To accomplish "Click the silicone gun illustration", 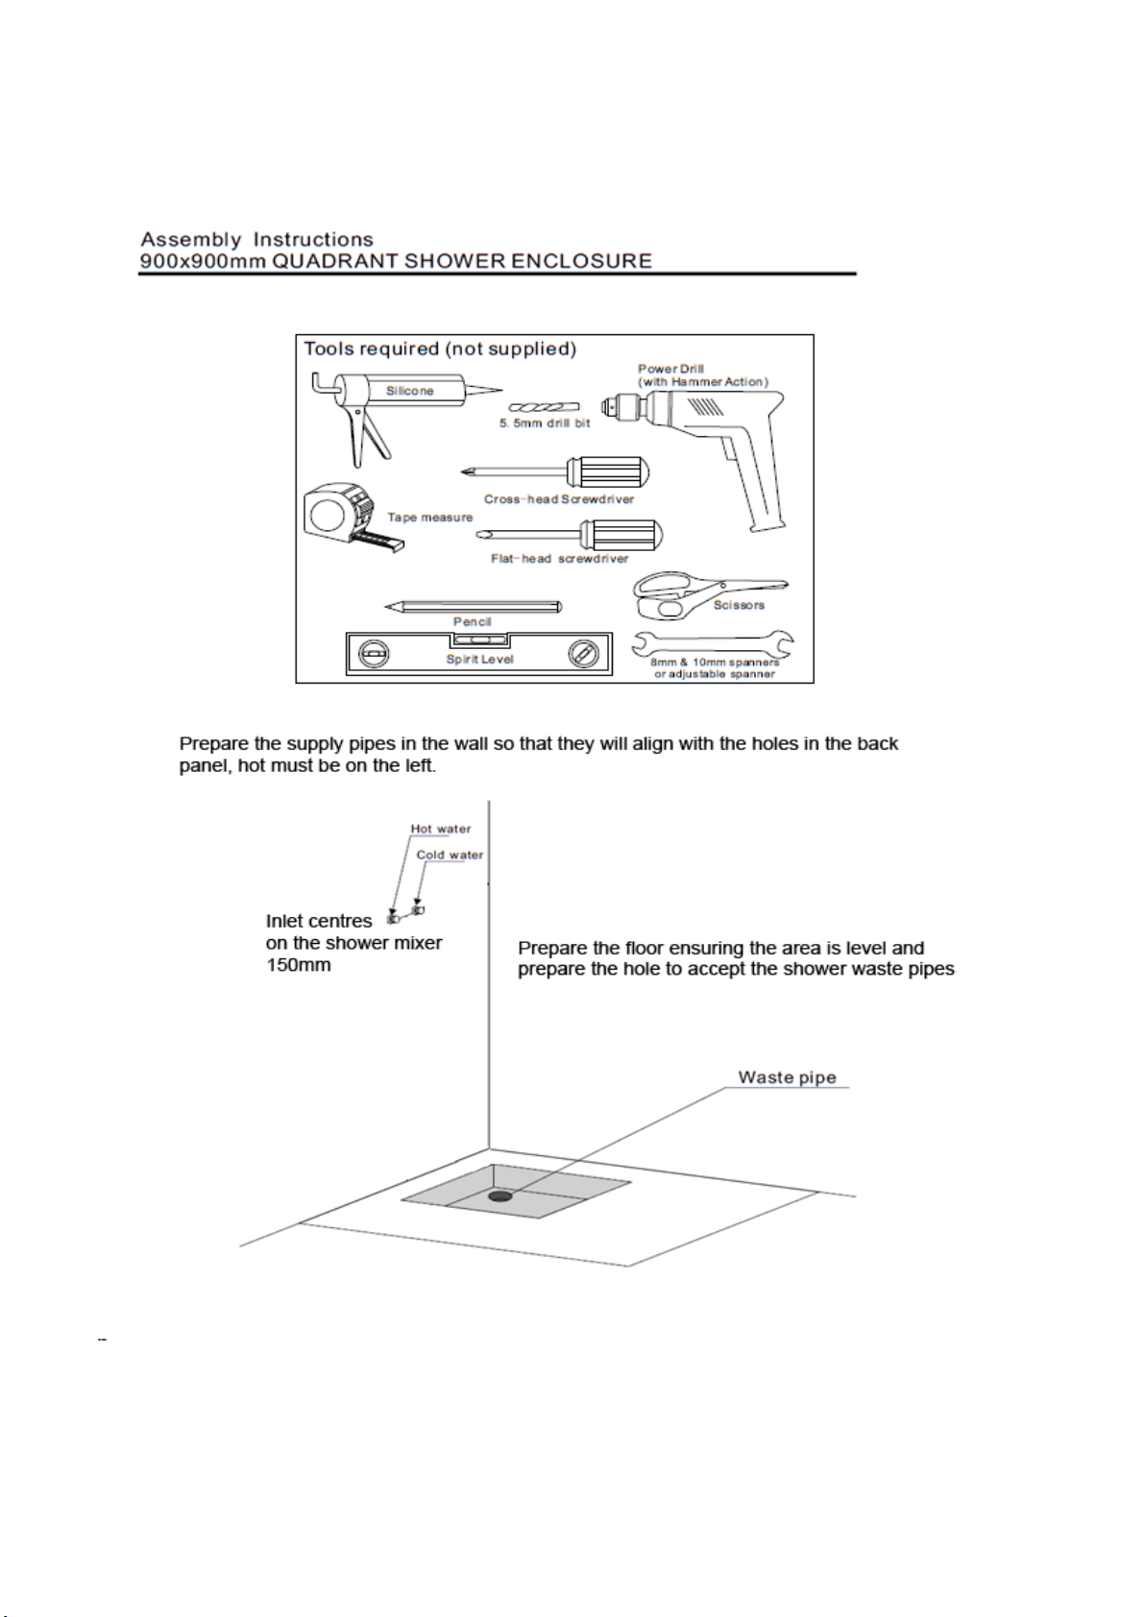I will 403,393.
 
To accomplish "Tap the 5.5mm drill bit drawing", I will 544,408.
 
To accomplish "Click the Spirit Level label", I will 479,660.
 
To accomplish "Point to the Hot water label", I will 441,829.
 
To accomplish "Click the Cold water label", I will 450,855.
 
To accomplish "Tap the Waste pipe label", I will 787,1077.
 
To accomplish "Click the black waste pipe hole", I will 499,1196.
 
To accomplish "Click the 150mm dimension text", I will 299,965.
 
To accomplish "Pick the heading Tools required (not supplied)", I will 440,349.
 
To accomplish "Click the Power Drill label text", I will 671,369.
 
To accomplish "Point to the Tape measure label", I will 430,518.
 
